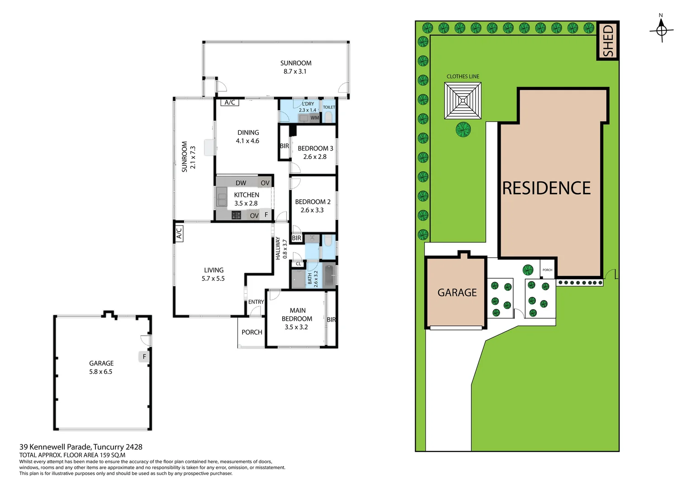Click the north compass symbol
[x=661, y=30]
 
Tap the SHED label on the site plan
[x=608, y=41]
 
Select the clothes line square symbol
[x=463, y=101]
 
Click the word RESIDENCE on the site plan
[x=546, y=188]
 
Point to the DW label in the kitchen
[x=241, y=183]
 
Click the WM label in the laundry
[x=315, y=118]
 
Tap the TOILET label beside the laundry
[x=329, y=107]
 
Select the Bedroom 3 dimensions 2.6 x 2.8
[x=315, y=157]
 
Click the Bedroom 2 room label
[x=312, y=202]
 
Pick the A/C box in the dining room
[x=230, y=103]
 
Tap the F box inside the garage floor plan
[x=144, y=357]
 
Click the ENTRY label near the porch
[x=256, y=302]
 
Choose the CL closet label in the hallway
[x=298, y=264]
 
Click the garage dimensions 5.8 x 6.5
[x=101, y=372]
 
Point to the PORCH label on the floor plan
[x=252, y=332]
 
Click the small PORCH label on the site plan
[x=547, y=270]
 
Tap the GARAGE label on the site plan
[x=457, y=293]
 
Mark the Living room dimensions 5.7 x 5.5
[x=213, y=279]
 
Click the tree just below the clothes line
[x=463, y=130]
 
